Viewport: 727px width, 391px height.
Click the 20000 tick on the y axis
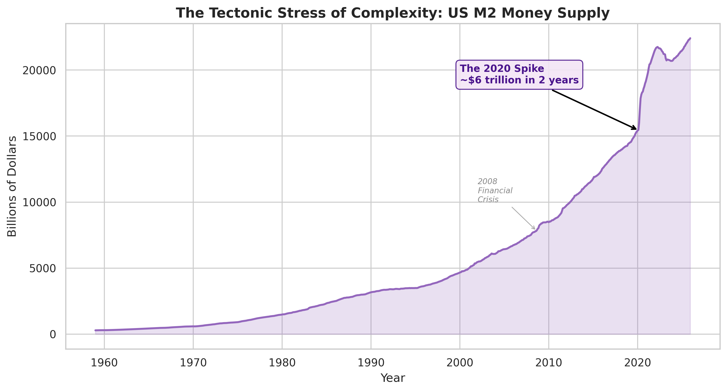click(x=39, y=70)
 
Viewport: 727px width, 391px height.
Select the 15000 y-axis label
click(x=39, y=136)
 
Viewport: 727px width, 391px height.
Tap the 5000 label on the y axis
click(x=43, y=269)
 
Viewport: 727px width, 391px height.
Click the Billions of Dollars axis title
click(x=12, y=186)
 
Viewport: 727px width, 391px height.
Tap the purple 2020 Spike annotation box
click(x=519, y=75)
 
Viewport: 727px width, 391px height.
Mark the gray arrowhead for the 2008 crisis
click(x=534, y=228)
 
